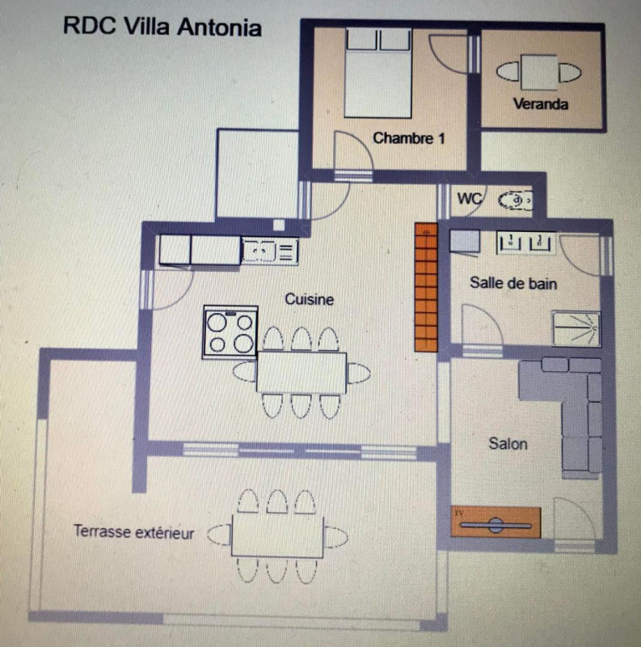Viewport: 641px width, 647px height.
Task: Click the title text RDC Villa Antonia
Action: tap(162, 27)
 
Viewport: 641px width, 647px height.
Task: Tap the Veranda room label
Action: tap(540, 104)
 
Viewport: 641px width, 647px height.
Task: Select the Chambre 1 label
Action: tap(409, 138)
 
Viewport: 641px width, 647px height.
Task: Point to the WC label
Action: tap(470, 198)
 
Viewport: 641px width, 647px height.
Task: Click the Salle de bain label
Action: tap(513, 283)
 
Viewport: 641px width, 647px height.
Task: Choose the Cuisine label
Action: tap(309, 299)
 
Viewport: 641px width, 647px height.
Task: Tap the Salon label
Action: tap(508, 443)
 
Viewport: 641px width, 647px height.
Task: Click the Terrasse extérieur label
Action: tap(133, 531)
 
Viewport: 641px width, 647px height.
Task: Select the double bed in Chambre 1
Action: tap(378, 73)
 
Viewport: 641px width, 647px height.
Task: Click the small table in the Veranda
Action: tap(539, 72)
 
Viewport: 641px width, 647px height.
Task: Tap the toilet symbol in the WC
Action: tap(515, 201)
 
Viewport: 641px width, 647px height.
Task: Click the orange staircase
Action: tap(426, 287)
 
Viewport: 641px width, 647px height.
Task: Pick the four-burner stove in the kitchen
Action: tap(230, 332)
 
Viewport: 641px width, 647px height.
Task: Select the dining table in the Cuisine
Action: tap(302, 373)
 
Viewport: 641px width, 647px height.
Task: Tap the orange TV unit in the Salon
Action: tap(496, 522)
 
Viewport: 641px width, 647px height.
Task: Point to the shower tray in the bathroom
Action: tap(576, 329)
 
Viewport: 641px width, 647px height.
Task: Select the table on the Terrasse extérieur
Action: tap(277, 535)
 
